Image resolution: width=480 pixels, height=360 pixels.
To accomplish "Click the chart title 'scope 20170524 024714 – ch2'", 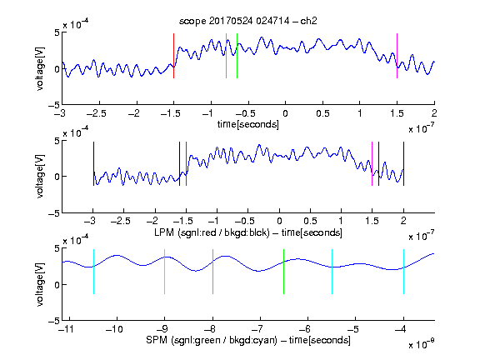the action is point(248,21).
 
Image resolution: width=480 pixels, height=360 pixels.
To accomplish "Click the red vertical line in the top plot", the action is point(173,56).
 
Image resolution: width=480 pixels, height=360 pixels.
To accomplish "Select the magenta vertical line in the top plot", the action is point(397,56).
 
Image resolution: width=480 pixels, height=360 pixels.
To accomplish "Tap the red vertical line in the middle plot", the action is point(186,164).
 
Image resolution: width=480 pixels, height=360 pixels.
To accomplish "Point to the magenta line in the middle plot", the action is point(372,164).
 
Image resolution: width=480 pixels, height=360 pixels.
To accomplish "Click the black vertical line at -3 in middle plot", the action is point(93,164).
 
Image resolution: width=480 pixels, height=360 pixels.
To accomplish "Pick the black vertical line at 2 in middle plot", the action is point(403,164).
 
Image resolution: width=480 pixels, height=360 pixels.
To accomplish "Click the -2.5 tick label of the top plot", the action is point(97,113).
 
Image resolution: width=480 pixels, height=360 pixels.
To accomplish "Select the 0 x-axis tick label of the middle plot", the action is point(279,221).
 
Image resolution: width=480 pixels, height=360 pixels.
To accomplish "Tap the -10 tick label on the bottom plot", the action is point(114,329).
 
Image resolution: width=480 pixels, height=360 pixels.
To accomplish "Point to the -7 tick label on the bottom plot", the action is point(257,329).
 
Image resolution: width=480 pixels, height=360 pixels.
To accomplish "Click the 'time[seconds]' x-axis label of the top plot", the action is point(248,124).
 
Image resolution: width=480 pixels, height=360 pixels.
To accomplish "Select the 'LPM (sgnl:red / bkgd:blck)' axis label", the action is point(212,232).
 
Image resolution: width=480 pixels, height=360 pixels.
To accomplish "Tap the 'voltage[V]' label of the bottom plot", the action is point(40,285).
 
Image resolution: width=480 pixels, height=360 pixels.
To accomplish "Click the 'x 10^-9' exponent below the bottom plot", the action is point(421,343).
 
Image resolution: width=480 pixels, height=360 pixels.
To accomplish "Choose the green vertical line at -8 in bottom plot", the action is point(212,272).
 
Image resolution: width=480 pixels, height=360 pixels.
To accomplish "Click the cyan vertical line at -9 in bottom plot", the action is point(164,272).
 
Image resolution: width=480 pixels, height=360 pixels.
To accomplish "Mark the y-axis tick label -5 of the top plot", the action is point(54,105).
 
